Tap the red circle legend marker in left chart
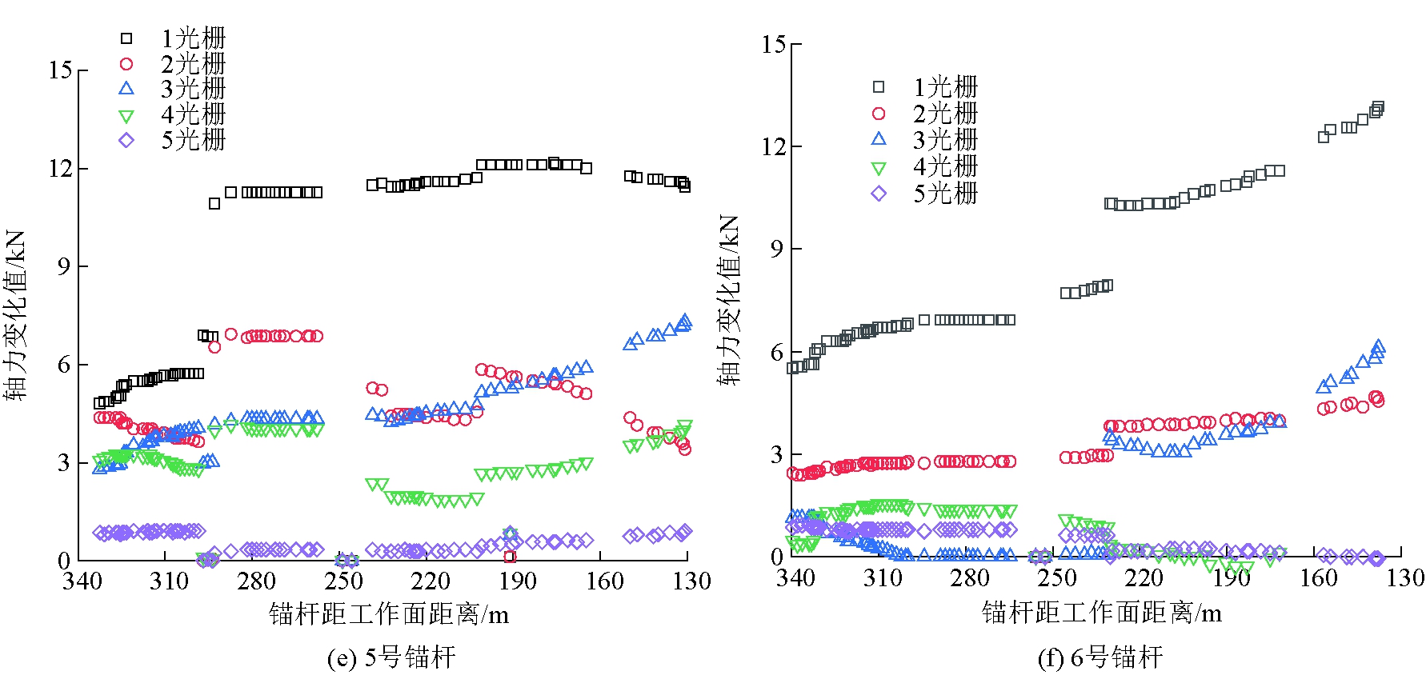[126, 64]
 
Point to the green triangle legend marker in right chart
[879, 168]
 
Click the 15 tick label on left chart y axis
[60, 70]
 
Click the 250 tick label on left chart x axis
[344, 581]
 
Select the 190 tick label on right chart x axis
[1231, 578]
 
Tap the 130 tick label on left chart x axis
[691, 581]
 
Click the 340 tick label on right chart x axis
[795, 578]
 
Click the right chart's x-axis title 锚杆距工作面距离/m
[1101, 613]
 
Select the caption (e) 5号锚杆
[391, 658]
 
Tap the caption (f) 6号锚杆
[1100, 658]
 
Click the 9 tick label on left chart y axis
[64, 266]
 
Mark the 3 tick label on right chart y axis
[777, 455]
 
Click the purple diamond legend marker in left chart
[126, 141]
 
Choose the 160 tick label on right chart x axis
[1318, 578]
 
